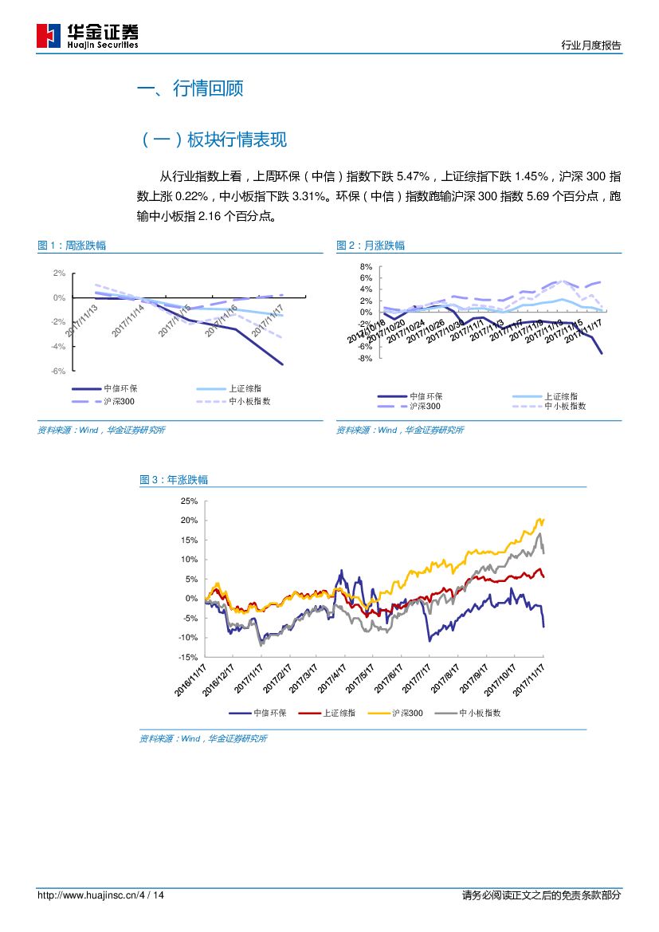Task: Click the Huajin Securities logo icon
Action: point(49,36)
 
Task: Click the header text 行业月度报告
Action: point(591,45)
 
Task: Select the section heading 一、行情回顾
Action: point(190,88)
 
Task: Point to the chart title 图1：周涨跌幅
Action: point(72,246)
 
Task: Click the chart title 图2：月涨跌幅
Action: point(370,246)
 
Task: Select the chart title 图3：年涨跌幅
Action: point(174,480)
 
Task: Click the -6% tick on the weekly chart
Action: point(58,372)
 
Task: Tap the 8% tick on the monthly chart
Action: point(366,267)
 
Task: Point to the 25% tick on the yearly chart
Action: point(189,501)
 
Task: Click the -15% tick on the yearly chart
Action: point(187,657)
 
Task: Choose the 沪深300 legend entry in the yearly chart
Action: point(407,714)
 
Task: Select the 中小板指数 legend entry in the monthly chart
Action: point(565,406)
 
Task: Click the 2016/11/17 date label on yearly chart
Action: point(191,678)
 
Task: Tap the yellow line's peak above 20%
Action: point(543,519)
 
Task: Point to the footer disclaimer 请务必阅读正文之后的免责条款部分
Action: point(541,895)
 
